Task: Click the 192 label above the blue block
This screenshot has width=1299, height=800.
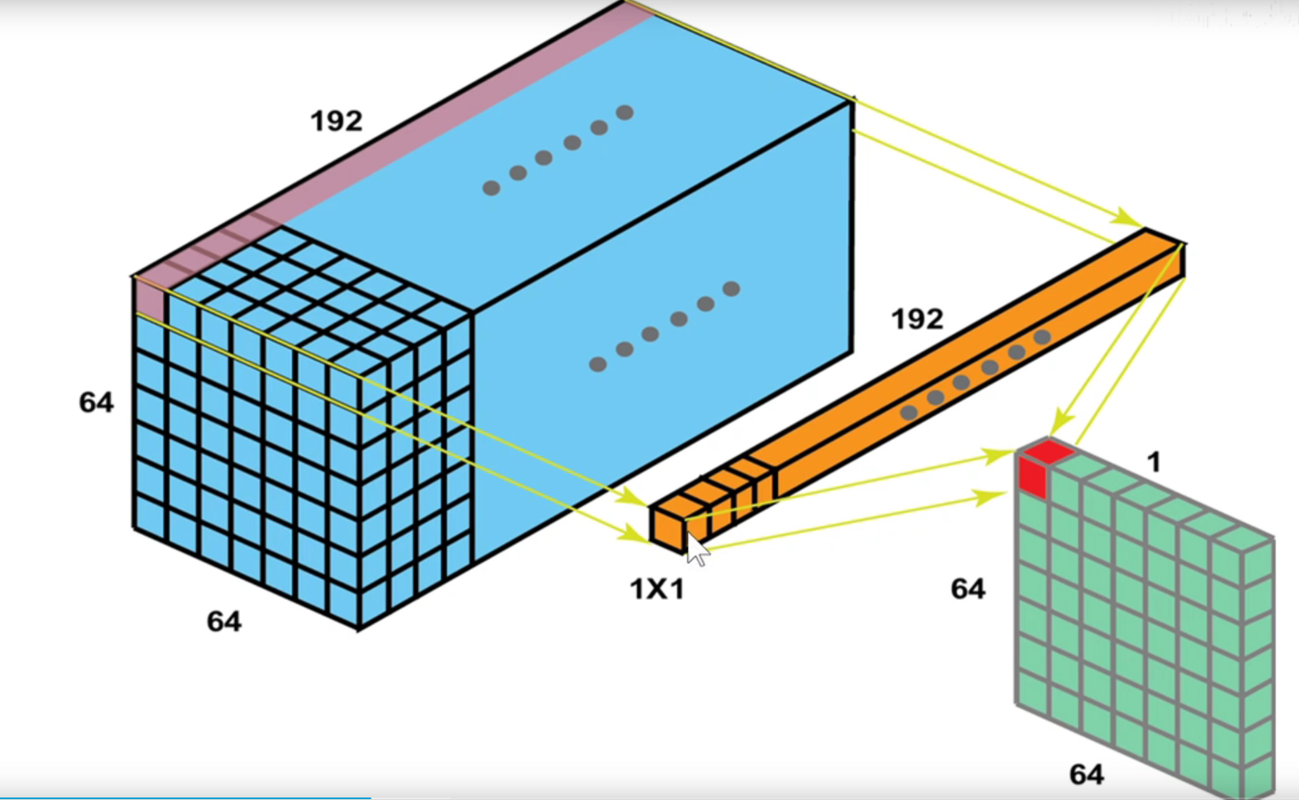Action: click(x=337, y=122)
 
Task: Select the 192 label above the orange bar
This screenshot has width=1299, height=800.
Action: click(x=917, y=319)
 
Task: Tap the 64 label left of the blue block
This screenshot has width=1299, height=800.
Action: click(x=96, y=402)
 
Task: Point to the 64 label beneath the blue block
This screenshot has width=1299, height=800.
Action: click(x=224, y=622)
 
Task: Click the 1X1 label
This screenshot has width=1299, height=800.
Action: click(x=657, y=590)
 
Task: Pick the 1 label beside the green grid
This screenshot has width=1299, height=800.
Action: click(x=1153, y=462)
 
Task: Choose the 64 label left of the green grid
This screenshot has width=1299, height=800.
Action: click(x=967, y=589)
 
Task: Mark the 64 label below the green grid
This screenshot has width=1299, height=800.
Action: click(x=1087, y=775)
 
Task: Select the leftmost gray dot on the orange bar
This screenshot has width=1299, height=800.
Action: click(x=909, y=412)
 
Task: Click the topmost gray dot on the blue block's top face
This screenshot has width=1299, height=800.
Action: click(x=624, y=112)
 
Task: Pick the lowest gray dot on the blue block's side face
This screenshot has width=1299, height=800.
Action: click(x=597, y=364)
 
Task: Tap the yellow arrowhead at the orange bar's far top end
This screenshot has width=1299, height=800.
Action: click(x=1132, y=219)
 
